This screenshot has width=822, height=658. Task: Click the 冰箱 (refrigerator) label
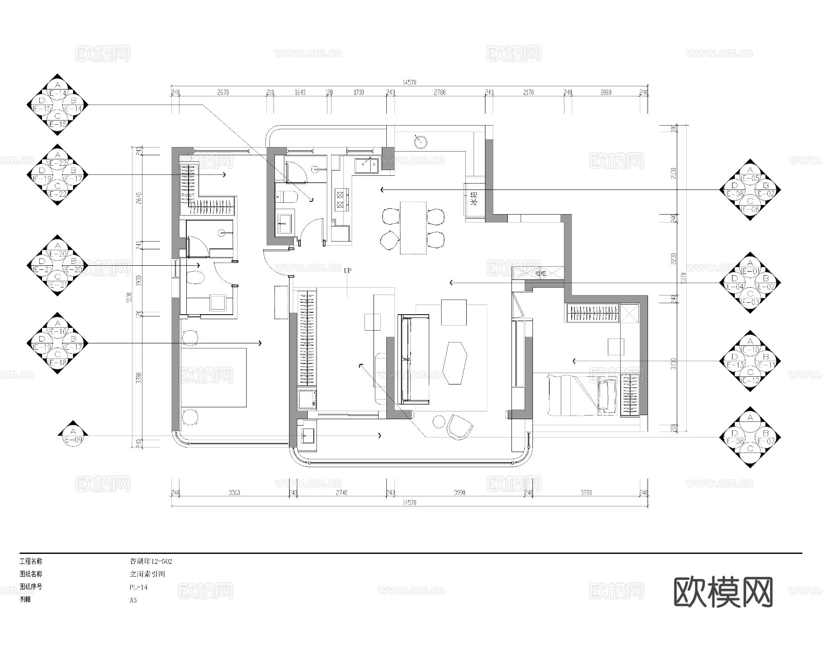tap(474, 200)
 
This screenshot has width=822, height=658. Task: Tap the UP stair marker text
tap(348, 271)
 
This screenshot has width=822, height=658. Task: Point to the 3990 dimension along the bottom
tap(459, 493)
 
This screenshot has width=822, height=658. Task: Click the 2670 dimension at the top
tap(223, 93)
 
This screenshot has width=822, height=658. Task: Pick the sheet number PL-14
tap(138, 587)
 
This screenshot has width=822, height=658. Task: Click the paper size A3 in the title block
tap(133, 600)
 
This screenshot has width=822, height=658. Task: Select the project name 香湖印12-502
tap(151, 561)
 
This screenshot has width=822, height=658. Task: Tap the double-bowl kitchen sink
tap(367, 165)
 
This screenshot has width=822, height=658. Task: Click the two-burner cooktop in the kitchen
tap(341, 200)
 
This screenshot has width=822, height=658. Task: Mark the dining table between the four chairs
tap(413, 227)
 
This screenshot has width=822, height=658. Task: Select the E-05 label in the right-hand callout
tap(750, 178)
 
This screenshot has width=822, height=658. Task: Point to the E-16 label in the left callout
tap(58, 332)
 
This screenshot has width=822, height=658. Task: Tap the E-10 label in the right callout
tap(750, 350)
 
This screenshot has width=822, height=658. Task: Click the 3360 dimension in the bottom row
tap(234, 493)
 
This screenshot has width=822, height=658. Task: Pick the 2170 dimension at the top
tap(528, 93)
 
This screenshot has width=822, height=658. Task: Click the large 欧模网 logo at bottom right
tap(723, 592)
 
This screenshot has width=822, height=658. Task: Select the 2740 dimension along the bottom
tap(342, 493)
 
